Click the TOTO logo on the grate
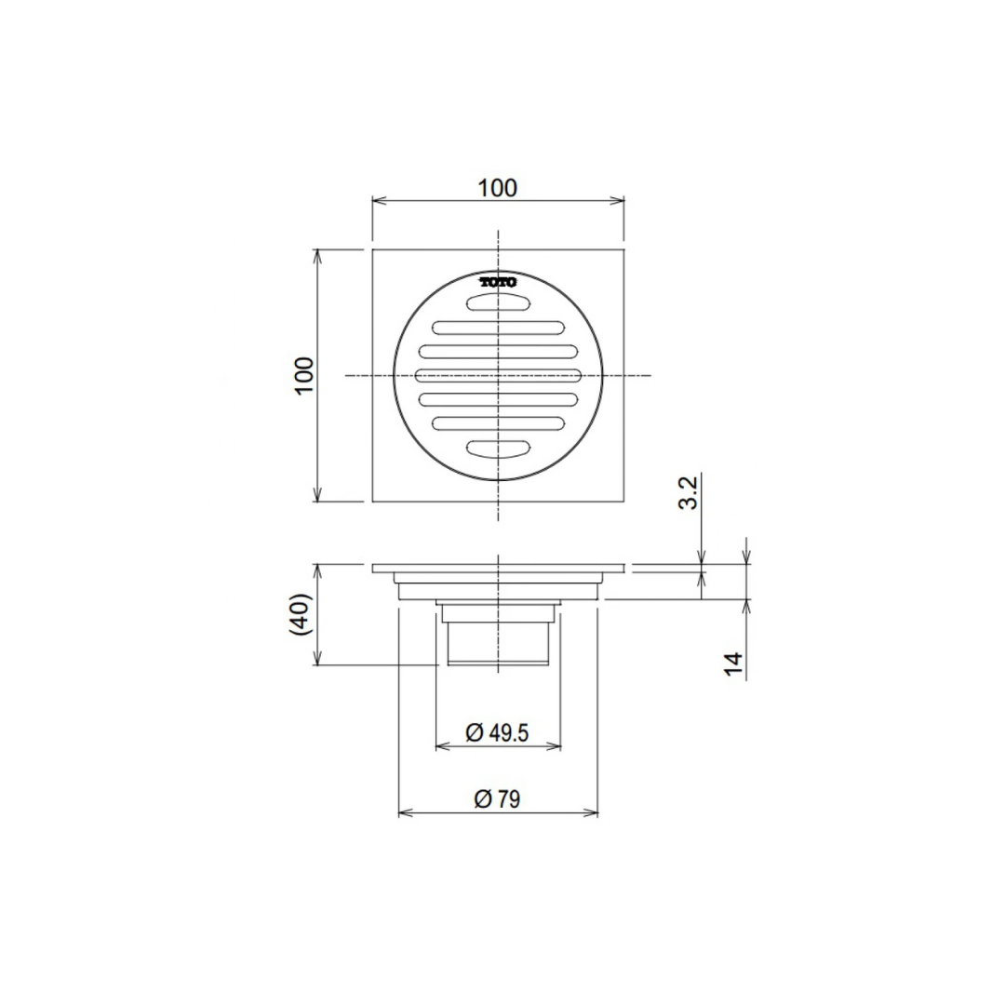click(x=499, y=282)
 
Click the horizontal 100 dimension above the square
click(x=498, y=188)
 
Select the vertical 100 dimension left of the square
click(x=304, y=376)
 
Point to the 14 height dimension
click(x=734, y=663)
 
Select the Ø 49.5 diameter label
click(x=497, y=732)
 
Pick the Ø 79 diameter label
click(x=497, y=799)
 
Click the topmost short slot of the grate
click(x=498, y=301)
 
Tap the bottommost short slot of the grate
click(x=498, y=449)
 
